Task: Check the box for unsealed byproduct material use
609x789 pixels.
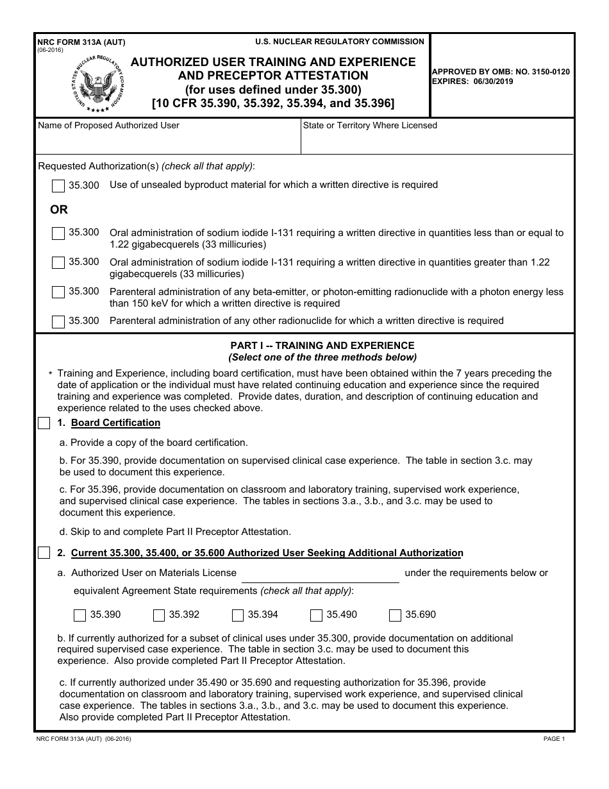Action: click(58, 186)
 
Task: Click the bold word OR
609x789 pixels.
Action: click(59, 210)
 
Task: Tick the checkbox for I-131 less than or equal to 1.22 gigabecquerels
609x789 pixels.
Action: click(58, 233)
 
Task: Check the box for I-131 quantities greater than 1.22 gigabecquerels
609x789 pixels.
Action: click(58, 263)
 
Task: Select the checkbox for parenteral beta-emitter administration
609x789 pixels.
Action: click(58, 293)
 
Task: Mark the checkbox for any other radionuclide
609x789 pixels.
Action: click(58, 321)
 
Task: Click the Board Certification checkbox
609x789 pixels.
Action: click(44, 423)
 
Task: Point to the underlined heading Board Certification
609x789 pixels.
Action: click(115, 423)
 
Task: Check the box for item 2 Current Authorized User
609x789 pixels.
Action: click(44, 553)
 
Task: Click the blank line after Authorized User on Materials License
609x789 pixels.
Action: click(320, 575)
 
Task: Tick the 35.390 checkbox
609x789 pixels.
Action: click(80, 615)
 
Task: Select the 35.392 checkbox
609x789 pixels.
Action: click(159, 615)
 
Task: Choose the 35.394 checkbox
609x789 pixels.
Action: click(238, 615)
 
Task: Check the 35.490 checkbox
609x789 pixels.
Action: click(316, 615)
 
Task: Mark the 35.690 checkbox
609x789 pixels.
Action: click(395, 615)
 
